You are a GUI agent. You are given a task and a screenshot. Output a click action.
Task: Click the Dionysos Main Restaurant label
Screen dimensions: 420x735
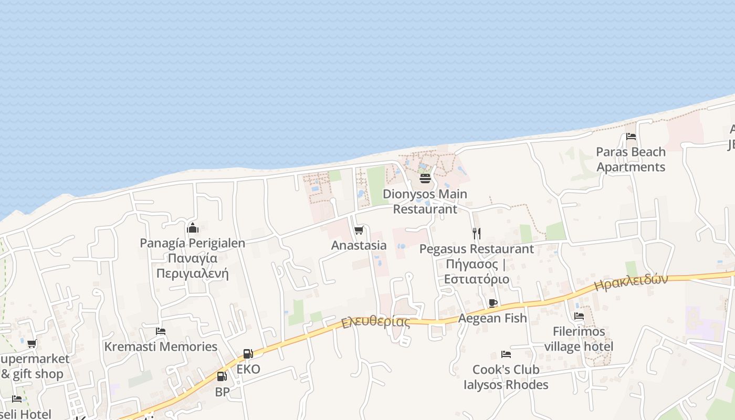click(425, 201)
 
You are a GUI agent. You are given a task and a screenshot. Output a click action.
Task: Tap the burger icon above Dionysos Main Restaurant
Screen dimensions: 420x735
click(425, 178)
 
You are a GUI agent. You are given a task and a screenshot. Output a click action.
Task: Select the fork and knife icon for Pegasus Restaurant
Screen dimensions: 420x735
click(476, 233)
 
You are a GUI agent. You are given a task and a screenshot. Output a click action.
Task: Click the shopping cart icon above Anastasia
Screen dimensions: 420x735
click(359, 230)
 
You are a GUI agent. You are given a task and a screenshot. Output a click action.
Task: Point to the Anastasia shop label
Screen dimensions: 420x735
click(359, 245)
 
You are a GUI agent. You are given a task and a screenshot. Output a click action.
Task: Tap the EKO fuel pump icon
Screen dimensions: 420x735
click(248, 354)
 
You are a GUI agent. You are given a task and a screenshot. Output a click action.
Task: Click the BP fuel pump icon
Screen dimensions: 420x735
click(222, 376)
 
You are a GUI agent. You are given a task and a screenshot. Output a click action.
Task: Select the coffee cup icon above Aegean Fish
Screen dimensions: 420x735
click(492, 303)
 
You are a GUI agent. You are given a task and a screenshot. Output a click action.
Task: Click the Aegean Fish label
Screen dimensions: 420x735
click(492, 318)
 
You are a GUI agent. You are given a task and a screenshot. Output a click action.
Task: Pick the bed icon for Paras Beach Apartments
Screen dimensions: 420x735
click(631, 136)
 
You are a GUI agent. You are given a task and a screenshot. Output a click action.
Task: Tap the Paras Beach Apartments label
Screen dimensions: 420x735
click(631, 160)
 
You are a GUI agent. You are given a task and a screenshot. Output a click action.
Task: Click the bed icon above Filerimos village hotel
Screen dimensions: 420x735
click(579, 316)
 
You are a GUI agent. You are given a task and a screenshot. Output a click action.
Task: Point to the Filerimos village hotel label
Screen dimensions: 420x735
click(579, 339)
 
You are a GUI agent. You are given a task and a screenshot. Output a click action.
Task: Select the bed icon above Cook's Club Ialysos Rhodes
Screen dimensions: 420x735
click(506, 354)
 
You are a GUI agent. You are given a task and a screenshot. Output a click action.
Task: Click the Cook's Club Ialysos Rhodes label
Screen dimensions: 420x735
click(506, 377)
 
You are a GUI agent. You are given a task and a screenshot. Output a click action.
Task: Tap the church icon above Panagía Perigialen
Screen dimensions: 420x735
click(192, 228)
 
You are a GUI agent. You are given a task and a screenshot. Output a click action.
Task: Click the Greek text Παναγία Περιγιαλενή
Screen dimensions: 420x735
click(192, 266)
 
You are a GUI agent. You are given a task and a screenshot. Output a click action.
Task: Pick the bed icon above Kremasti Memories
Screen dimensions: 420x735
click(161, 331)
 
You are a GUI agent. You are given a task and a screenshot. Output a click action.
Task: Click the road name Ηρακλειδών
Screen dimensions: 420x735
click(631, 282)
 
